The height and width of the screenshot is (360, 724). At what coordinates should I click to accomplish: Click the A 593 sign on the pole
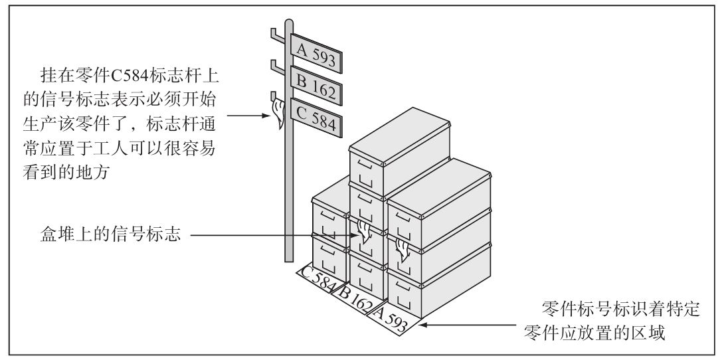click(x=317, y=52)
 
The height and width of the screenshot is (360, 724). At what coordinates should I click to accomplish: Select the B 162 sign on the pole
click(x=316, y=88)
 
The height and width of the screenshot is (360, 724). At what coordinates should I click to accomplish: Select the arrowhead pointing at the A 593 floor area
click(x=423, y=325)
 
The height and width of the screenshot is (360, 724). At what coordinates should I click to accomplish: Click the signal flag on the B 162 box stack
click(x=363, y=232)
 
